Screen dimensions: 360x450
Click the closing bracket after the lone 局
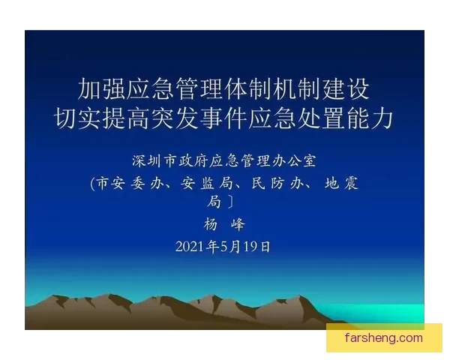pyautogui.click(x=232, y=202)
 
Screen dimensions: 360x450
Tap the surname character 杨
pyautogui.click(x=211, y=224)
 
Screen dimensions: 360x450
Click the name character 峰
pyautogui.click(x=239, y=224)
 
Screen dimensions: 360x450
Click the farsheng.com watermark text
pyautogui.click(x=384, y=337)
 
